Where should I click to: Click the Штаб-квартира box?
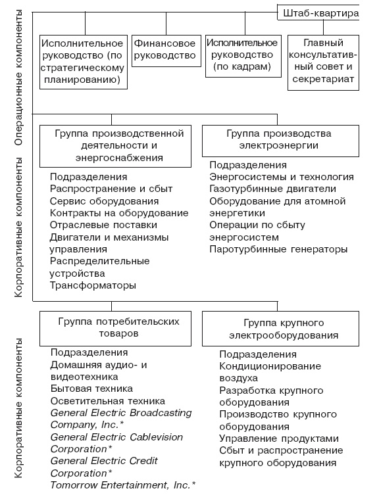point(320,13)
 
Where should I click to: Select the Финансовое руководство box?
point(164,50)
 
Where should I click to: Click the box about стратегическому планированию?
point(82,62)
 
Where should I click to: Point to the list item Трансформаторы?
point(93,285)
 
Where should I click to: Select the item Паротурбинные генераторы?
point(278,249)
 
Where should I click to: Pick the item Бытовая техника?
point(91,389)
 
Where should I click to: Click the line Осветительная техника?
point(107,400)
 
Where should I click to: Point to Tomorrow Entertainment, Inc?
point(123,485)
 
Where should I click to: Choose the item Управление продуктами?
point(279,438)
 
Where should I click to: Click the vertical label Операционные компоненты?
point(18,78)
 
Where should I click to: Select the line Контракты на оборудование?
point(119,213)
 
